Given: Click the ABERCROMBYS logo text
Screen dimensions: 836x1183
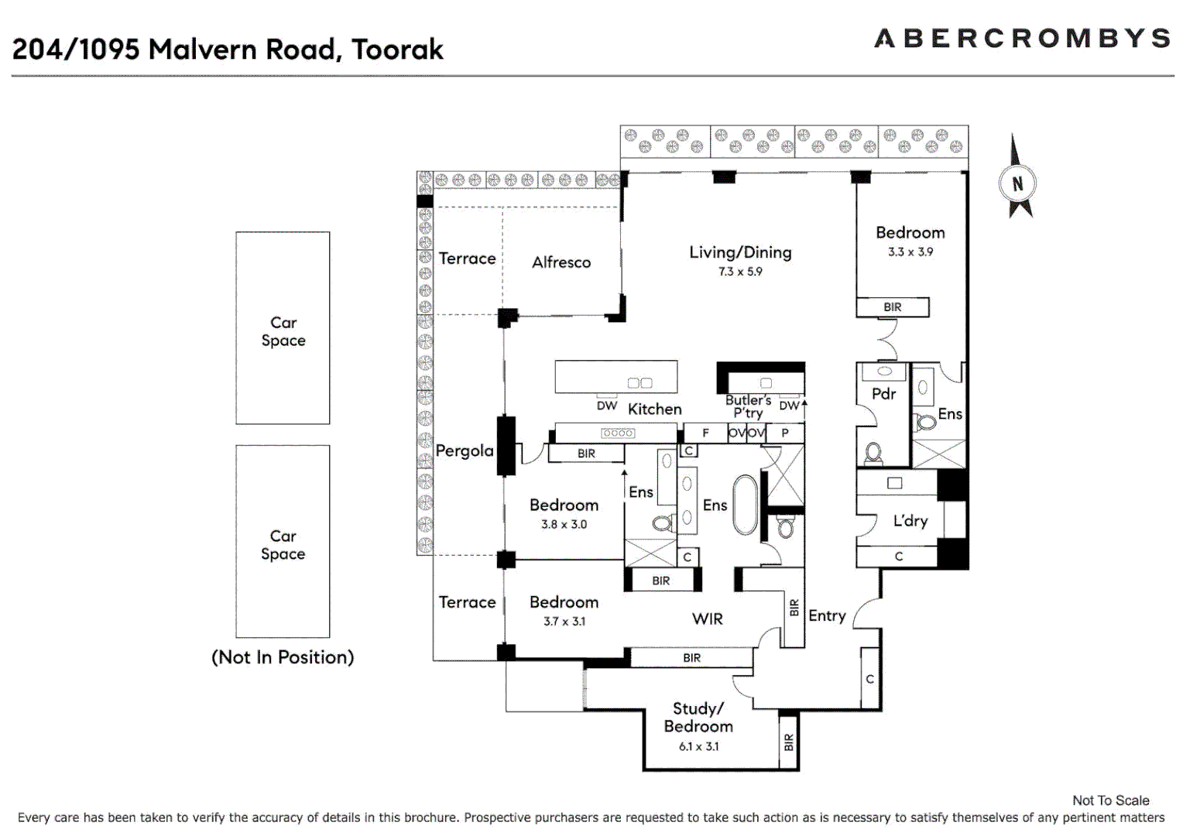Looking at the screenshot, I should click(x=1022, y=39).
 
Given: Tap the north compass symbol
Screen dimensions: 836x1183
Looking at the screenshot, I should click(x=1017, y=183).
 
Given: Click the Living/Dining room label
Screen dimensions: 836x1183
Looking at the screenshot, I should click(x=740, y=252).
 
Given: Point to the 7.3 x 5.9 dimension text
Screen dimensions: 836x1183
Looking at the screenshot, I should click(x=740, y=272).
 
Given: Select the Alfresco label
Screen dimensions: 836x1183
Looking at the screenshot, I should click(x=561, y=262).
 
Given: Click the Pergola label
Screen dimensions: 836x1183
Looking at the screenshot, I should click(x=465, y=451).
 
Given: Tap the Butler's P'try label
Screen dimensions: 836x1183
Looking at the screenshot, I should click(x=748, y=406).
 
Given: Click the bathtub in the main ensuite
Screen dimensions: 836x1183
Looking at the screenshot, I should click(x=745, y=504).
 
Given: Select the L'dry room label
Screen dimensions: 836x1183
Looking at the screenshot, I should click(x=910, y=521).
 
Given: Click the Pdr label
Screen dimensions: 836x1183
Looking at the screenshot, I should click(x=883, y=394).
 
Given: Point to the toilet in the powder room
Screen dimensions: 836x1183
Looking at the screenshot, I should click(x=873, y=452).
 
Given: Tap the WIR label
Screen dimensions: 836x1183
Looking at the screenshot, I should click(x=708, y=618).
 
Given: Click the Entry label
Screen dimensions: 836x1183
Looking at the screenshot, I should click(x=827, y=616).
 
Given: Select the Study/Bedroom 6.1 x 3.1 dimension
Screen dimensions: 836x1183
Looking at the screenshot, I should click(x=698, y=747).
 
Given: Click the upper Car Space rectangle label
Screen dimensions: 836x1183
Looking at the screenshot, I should click(x=283, y=331).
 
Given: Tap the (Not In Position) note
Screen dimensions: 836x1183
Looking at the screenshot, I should click(x=283, y=657).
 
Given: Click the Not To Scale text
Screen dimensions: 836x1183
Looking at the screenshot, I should click(x=1110, y=800).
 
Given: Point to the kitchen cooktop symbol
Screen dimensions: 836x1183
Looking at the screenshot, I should click(x=618, y=433).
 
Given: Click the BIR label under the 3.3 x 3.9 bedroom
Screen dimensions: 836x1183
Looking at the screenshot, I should click(x=893, y=307).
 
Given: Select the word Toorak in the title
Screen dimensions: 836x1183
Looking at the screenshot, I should click(x=397, y=50).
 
